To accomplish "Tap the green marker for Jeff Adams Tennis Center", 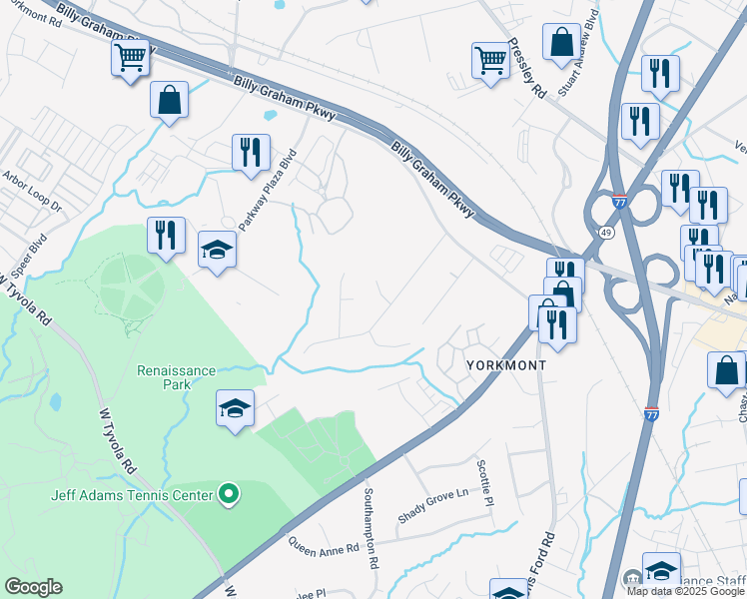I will coord(229,494).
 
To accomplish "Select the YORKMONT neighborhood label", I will coord(506,365).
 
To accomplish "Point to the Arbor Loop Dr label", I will coord(32,195).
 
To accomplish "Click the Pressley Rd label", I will coord(526,68).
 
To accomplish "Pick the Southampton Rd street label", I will coord(370,528).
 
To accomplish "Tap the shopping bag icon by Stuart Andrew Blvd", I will coord(561,43).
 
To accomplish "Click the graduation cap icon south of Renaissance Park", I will coord(235,408).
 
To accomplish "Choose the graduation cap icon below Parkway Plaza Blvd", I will coord(217,249).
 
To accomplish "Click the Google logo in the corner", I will coord(32,587).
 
